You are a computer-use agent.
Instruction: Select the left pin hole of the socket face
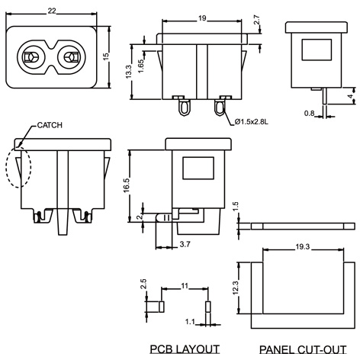click(32, 58)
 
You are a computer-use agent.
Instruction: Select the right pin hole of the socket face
click(74, 58)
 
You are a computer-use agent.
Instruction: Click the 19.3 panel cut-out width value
click(301, 246)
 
